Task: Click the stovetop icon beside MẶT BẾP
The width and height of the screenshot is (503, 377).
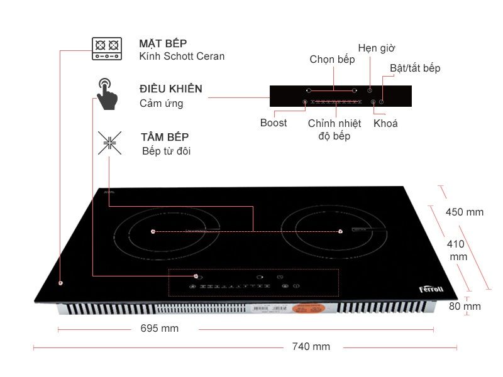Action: (106, 48)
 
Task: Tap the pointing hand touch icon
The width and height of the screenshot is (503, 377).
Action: (108, 94)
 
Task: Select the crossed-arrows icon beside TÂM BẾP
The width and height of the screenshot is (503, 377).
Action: (109, 143)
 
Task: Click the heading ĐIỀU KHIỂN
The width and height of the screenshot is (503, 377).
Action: (171, 89)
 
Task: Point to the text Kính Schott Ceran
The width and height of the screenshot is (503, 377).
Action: (182, 57)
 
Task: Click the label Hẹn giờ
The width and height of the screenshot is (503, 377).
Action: (376, 48)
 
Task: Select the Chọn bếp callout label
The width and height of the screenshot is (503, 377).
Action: (332, 60)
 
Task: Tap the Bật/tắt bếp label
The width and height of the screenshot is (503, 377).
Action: (415, 68)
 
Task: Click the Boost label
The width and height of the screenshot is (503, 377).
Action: (274, 123)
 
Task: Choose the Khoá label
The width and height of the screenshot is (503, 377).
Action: (385, 123)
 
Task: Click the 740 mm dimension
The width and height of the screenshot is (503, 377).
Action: (311, 347)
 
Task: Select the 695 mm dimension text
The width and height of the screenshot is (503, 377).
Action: (159, 329)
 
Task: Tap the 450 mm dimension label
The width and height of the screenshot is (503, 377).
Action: (464, 212)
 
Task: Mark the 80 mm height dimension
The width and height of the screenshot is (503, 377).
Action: (465, 307)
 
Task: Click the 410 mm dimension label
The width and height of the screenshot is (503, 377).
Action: (458, 250)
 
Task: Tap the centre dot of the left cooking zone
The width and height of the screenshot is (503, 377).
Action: (153, 232)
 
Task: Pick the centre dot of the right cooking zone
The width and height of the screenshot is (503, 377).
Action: (340, 231)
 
